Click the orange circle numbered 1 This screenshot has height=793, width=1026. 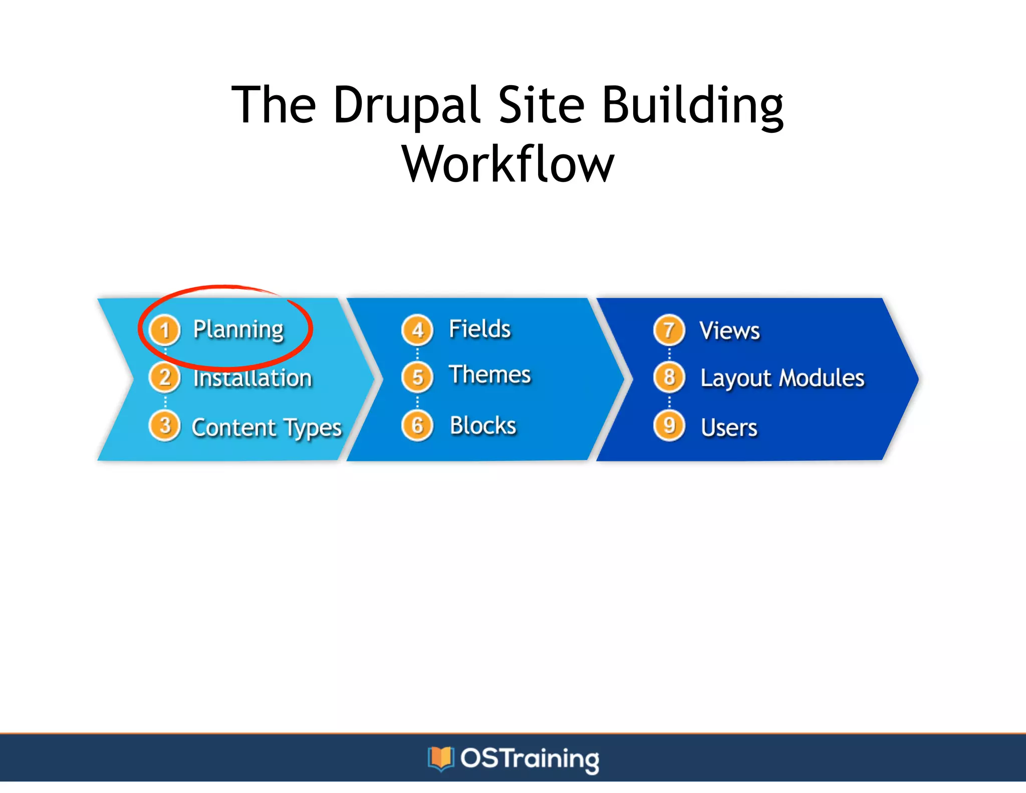[x=165, y=330]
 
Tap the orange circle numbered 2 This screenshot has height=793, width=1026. [x=165, y=377]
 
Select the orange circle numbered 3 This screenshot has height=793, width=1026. [x=165, y=426]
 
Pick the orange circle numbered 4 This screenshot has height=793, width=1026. [x=417, y=330]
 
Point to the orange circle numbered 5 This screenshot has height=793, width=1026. [x=417, y=377]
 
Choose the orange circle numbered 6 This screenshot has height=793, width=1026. [x=417, y=426]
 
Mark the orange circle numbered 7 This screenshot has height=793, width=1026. [x=669, y=330]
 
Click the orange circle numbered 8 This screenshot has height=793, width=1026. [x=669, y=377]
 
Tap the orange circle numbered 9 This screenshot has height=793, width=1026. [x=669, y=426]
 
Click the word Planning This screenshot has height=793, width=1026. [x=238, y=330]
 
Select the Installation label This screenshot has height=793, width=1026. [x=252, y=378]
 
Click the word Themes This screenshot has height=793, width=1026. [x=489, y=375]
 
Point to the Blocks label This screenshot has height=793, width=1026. [x=483, y=426]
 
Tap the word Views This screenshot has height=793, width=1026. [x=729, y=331]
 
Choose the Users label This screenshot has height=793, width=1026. [x=729, y=428]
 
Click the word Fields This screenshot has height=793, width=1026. [x=479, y=329]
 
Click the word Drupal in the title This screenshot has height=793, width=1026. [x=407, y=106]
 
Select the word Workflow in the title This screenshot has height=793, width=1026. [x=508, y=164]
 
